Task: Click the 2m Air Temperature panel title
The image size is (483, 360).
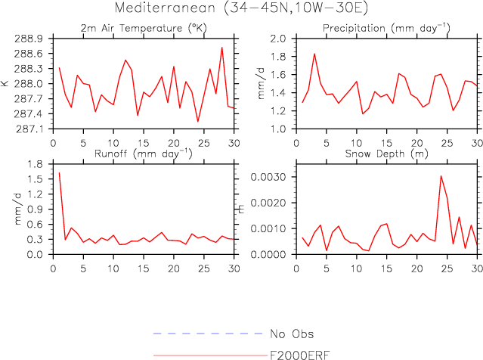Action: tap(144, 28)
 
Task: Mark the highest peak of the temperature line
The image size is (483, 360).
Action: tap(222, 47)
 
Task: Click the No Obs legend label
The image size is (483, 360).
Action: tap(292, 334)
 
